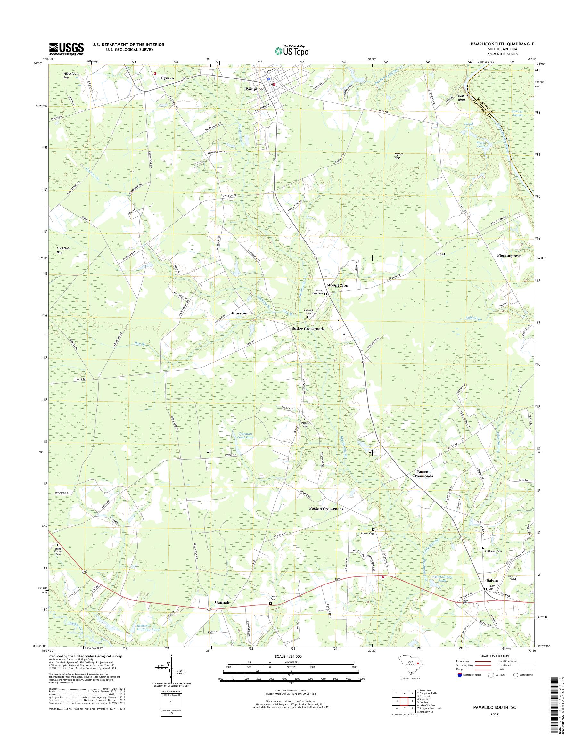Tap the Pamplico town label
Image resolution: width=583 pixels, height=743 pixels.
254,89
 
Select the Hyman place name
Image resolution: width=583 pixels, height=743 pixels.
167,78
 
